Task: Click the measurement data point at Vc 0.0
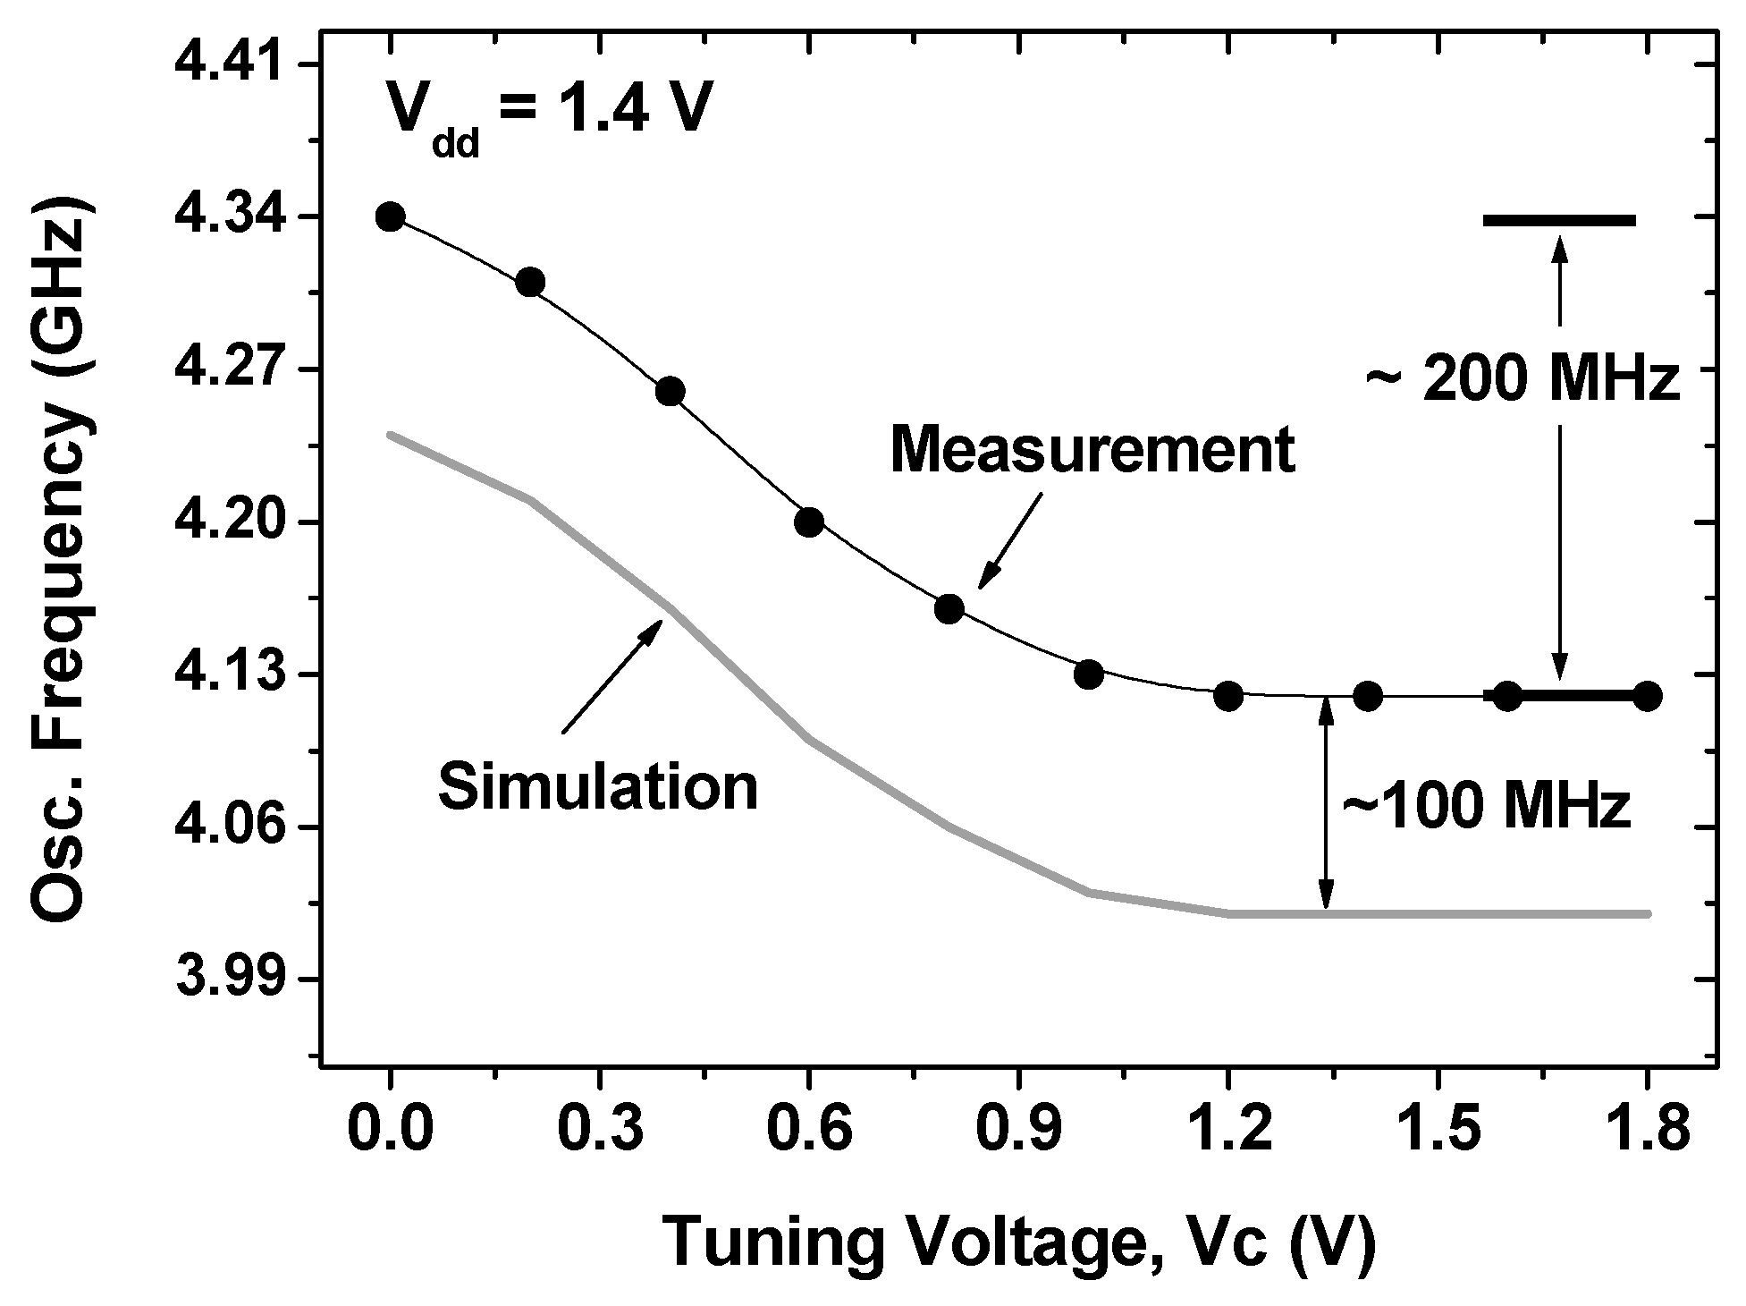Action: tap(390, 216)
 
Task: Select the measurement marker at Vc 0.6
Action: tap(809, 522)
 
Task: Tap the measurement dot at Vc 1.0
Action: tap(1088, 674)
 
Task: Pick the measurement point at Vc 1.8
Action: tap(1647, 695)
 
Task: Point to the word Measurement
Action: tap(1092, 450)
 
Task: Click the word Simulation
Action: tap(598, 786)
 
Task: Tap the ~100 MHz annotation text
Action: tap(1486, 807)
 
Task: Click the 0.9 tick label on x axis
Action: tap(1018, 1130)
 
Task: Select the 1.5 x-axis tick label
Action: tap(1437, 1130)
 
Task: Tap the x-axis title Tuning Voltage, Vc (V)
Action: tap(1018, 1242)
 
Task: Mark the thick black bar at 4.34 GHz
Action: tap(1559, 219)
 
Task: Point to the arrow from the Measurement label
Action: tap(1010, 541)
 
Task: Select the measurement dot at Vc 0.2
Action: tap(530, 282)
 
